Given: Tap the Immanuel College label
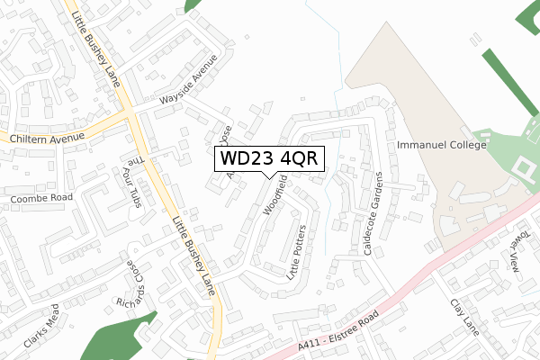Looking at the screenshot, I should point(440,145).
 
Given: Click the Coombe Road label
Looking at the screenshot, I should point(40,198).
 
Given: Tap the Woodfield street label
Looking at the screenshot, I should point(275,195).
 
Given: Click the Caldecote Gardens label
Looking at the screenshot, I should point(373,213).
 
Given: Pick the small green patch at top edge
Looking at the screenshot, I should point(192,4).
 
